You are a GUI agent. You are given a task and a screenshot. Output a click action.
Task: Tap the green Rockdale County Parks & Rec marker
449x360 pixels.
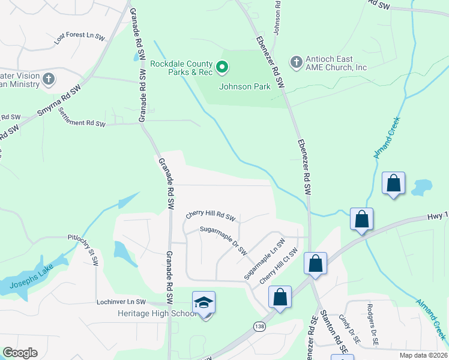(x=221, y=67)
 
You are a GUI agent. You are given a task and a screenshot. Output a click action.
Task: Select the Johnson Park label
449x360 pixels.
(x=244, y=86)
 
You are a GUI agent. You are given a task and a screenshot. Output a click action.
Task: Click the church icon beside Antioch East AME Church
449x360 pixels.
(x=296, y=62)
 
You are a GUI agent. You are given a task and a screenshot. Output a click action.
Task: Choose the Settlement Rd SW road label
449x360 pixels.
(x=82, y=119)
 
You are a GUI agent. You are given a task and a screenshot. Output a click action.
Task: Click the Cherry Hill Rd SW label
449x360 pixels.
(x=210, y=214)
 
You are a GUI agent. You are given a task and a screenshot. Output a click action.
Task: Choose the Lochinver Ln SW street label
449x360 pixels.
(x=121, y=302)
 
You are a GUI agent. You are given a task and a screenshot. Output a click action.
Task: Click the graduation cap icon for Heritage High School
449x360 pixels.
(x=203, y=302)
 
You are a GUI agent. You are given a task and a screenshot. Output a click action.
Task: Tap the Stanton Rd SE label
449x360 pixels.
(x=334, y=331)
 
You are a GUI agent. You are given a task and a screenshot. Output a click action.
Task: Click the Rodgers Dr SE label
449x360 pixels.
(x=371, y=329)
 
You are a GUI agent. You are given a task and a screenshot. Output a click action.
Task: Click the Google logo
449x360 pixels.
(x=20, y=352)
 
